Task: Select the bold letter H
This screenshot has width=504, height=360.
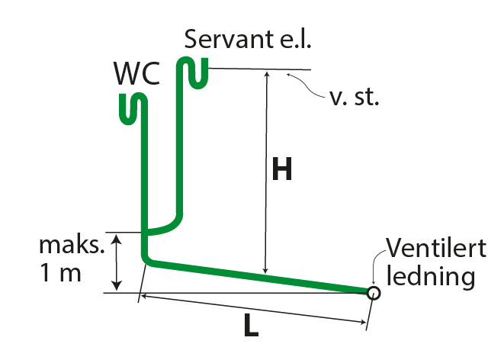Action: click(x=283, y=170)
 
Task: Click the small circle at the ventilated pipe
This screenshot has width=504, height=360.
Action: click(x=373, y=291)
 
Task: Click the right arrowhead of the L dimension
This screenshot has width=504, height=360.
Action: click(x=364, y=323)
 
